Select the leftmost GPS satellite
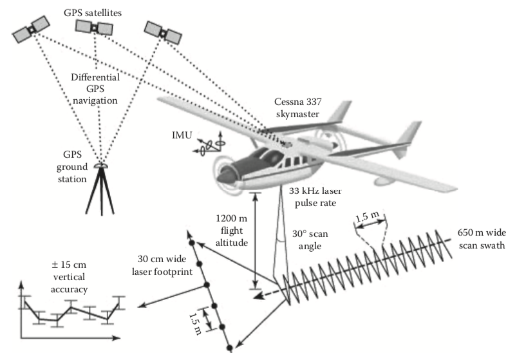click(31, 28)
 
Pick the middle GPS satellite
click(95, 27)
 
